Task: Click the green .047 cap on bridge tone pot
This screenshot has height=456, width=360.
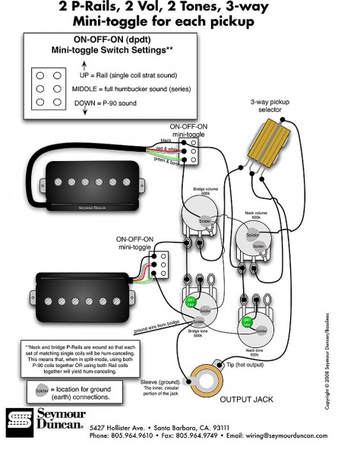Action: point(191,302)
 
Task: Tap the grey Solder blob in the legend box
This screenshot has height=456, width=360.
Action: point(41,390)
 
